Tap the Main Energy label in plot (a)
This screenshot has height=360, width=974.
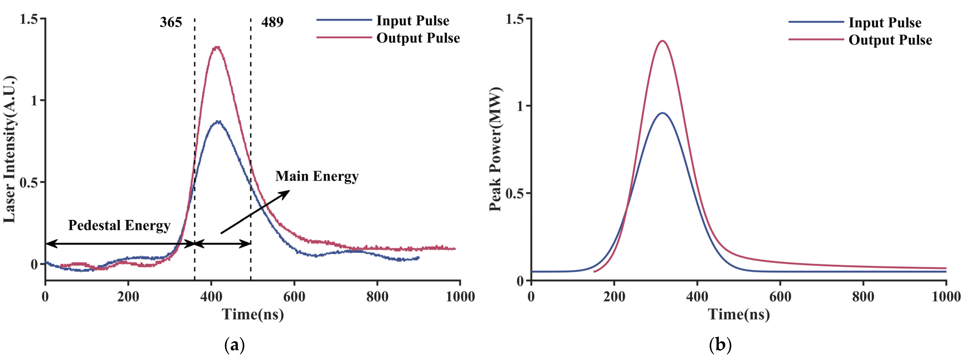tap(317, 176)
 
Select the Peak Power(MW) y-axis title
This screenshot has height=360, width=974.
tap(495, 149)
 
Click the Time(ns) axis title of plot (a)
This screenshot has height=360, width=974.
tap(253, 314)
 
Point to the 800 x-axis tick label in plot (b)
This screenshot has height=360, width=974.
tap(863, 297)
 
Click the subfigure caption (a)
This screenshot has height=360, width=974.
tap(234, 345)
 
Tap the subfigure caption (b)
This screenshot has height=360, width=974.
tap(721, 345)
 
